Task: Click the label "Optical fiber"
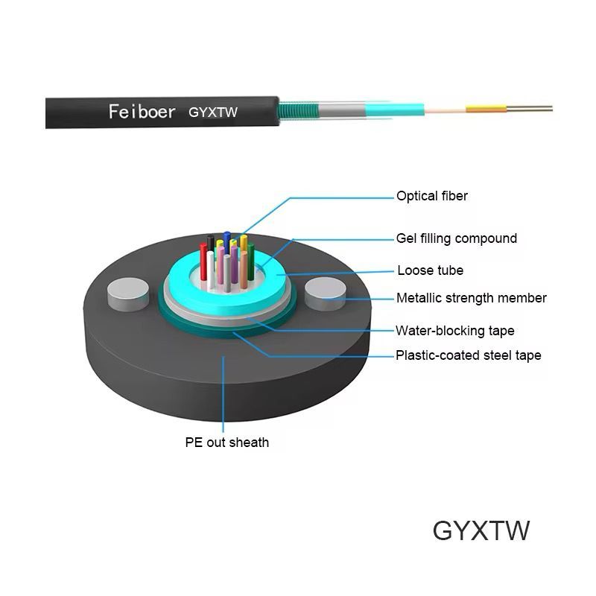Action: point(432,197)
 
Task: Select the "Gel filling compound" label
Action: point(456,238)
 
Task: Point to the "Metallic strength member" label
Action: point(471,298)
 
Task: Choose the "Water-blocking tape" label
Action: point(454,330)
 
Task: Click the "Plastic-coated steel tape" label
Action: point(468,355)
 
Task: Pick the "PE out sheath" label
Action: point(227,443)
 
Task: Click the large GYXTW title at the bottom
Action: point(481,530)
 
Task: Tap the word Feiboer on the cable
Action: point(142,112)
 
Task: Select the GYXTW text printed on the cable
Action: point(213,113)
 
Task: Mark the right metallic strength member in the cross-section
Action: point(324,292)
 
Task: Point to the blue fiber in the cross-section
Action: point(226,240)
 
